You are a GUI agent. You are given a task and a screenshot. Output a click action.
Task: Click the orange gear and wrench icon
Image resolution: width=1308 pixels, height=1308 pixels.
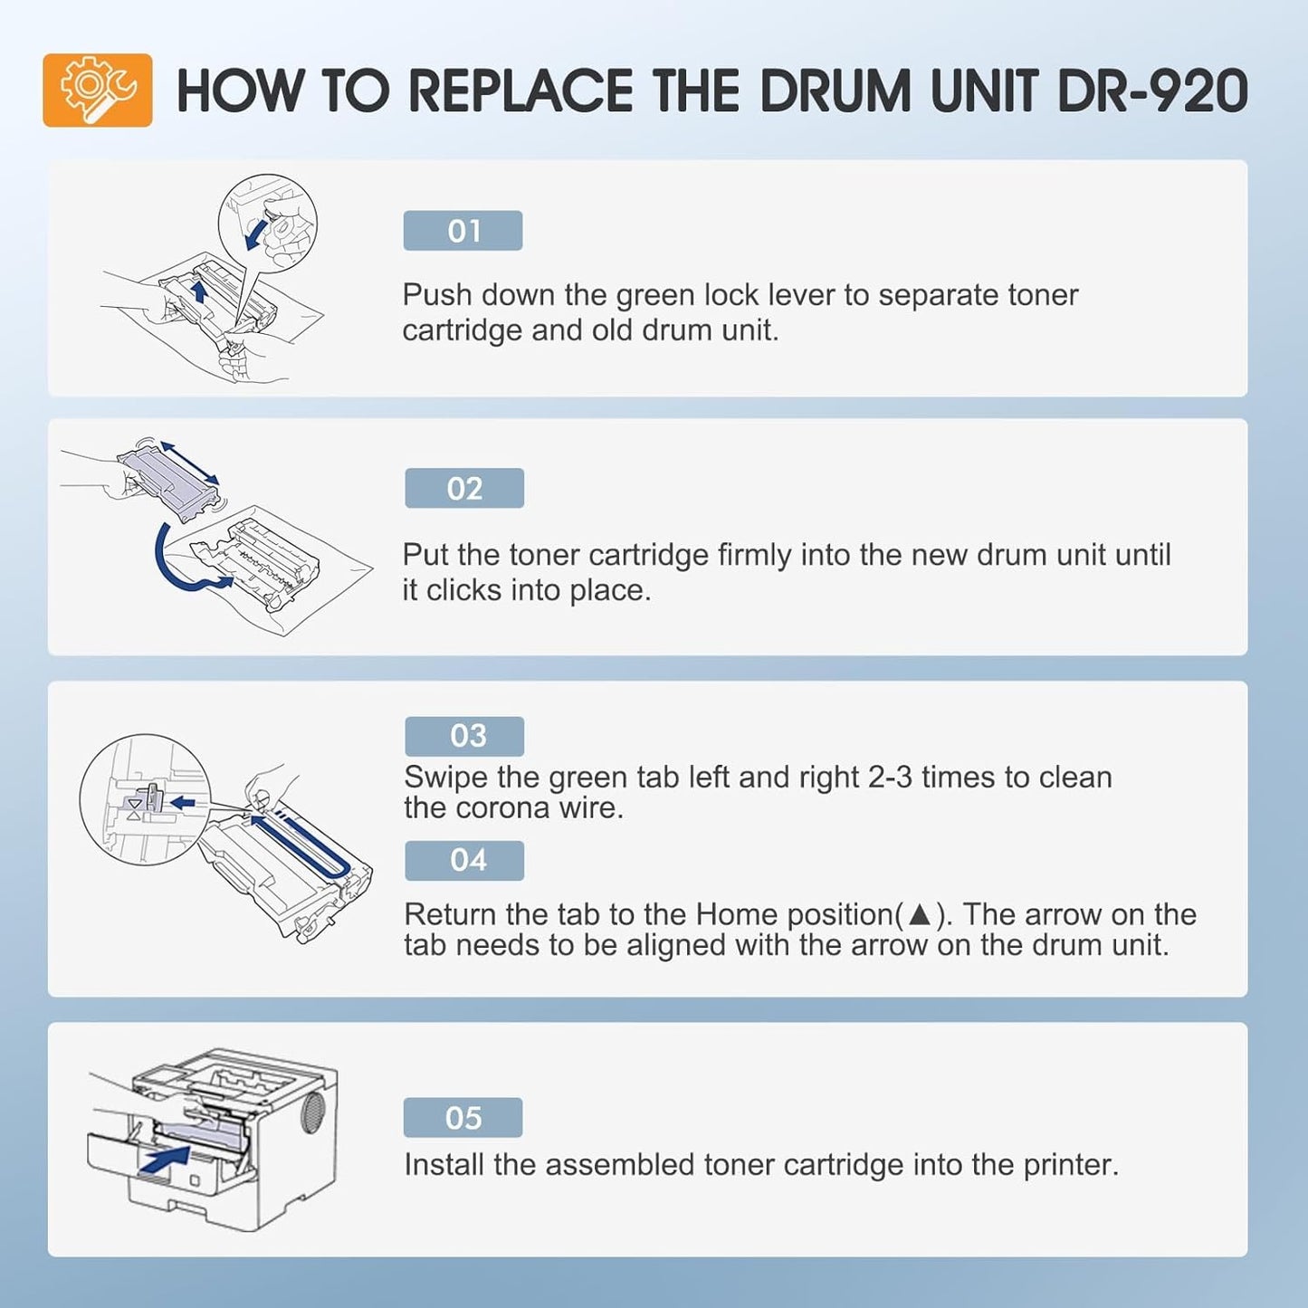click(97, 91)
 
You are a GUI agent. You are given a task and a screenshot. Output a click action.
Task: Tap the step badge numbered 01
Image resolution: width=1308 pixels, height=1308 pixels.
click(463, 231)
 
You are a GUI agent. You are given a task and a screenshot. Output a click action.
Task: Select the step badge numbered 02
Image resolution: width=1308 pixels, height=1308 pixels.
click(464, 489)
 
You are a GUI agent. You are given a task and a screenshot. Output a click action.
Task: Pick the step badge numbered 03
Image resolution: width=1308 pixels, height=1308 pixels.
click(464, 736)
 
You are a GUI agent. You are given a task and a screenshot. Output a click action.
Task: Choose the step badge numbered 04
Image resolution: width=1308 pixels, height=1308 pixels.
click(464, 860)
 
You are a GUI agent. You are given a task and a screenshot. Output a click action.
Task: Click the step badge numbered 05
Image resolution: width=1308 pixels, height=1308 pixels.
click(463, 1118)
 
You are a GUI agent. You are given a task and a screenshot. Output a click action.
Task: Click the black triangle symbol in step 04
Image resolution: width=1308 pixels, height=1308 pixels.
click(919, 914)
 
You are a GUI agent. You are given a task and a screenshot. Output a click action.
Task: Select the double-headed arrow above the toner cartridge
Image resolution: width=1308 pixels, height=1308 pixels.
click(189, 463)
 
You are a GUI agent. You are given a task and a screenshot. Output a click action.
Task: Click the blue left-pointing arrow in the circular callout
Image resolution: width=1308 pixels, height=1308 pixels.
click(184, 802)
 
